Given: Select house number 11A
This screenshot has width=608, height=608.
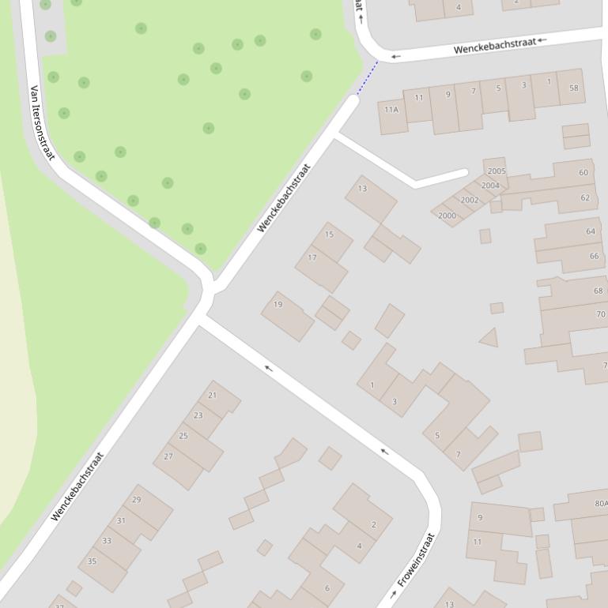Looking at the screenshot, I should point(391,110).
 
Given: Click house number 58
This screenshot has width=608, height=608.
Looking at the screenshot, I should point(573,88).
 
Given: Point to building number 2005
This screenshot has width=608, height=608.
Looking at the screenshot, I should point(497,171).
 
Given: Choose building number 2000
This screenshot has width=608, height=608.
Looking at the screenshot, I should point(447,216).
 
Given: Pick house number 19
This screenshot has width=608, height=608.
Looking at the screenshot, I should point(278,304).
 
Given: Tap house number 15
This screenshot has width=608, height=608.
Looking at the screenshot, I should point(329,235).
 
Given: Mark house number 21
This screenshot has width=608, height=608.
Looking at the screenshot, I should point(212,395).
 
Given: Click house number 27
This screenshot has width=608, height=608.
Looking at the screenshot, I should point(168,456).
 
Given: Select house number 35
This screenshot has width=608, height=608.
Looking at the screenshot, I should point(92,561).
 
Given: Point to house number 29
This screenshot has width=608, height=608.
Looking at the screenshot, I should point(136,500).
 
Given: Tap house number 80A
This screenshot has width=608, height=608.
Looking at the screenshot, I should point(601,503).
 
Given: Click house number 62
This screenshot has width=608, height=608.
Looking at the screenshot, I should point(585,197).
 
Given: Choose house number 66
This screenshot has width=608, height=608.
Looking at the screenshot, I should point(594,256).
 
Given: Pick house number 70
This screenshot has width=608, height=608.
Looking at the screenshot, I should point(600,313).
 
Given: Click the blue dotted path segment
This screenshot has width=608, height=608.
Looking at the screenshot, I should point(367,79).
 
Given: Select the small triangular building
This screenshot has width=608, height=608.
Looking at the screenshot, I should point(489,338).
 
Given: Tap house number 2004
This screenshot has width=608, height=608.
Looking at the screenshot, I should point(490,186).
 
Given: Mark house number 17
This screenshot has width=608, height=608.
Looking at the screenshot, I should point(312,257).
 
